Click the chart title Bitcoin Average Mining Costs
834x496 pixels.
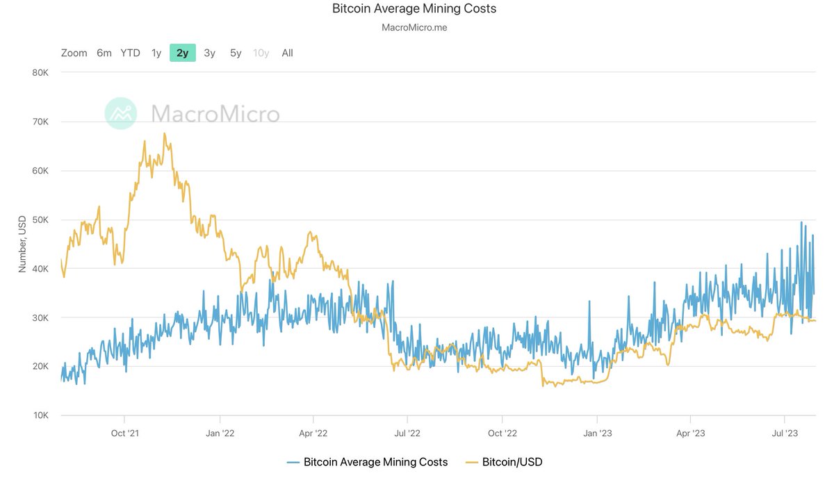tap(414, 9)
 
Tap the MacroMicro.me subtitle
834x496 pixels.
tap(414, 28)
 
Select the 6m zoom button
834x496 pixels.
tap(104, 53)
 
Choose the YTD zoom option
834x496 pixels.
tap(130, 53)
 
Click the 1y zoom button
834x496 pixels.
tap(156, 53)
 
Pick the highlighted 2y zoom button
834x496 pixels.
tap(182, 53)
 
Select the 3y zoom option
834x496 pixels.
tap(209, 53)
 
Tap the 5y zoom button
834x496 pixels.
tap(236, 53)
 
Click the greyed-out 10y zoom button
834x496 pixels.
tap(261, 53)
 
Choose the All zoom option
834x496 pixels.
tap(287, 53)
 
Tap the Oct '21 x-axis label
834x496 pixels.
tap(124, 433)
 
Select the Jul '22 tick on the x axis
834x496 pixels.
tap(407, 433)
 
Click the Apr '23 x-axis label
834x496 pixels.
tap(690, 433)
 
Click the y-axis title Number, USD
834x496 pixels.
tap(23, 244)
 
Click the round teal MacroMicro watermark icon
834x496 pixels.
tap(122, 113)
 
